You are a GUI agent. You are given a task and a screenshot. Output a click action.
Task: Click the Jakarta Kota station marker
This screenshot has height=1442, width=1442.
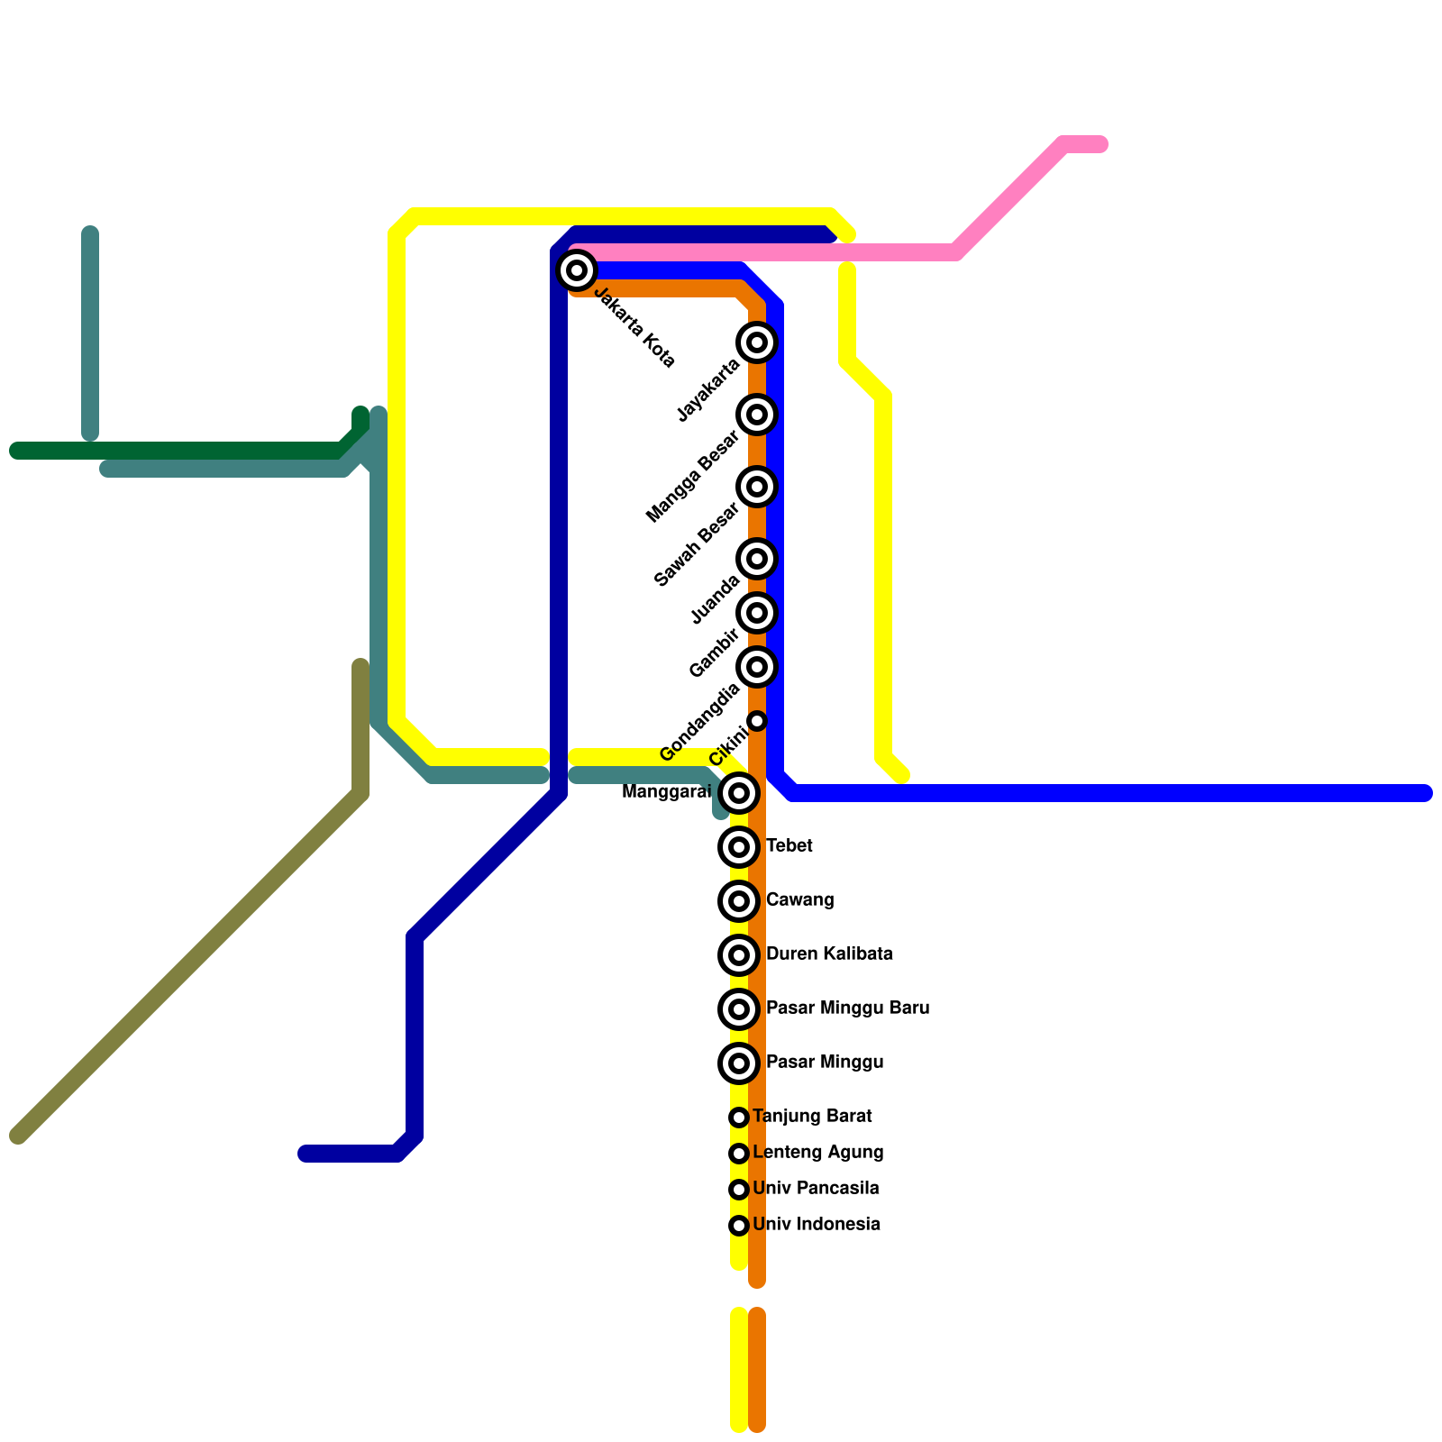[x=577, y=269]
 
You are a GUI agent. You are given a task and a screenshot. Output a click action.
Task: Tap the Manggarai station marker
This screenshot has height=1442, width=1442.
[x=739, y=793]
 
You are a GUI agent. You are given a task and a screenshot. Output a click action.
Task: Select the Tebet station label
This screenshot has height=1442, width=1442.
[x=789, y=846]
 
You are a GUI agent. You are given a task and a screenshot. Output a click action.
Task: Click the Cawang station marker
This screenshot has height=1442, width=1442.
[x=739, y=901]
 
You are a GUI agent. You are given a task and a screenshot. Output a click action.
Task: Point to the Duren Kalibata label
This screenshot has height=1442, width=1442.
[x=829, y=954]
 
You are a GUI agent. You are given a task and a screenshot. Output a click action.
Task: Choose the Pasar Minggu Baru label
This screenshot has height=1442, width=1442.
[x=847, y=1008]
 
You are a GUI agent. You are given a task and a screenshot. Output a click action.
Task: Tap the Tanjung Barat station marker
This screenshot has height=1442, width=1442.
[x=739, y=1118]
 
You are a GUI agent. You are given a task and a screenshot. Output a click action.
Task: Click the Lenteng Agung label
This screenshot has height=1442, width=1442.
[x=817, y=1153]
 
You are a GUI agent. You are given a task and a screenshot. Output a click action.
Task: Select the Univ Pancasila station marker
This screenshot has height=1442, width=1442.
[x=739, y=1190]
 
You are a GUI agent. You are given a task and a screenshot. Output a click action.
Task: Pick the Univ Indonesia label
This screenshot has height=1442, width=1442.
[x=816, y=1225]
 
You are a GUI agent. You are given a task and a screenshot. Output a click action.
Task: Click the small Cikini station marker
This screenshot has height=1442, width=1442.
[x=757, y=721]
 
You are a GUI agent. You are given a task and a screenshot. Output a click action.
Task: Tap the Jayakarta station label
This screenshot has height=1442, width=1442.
[x=709, y=389]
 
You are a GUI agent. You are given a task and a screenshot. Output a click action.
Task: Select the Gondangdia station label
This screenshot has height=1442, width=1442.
[x=700, y=722]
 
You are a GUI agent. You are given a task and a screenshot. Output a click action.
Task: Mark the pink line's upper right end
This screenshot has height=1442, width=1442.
[x=1100, y=144]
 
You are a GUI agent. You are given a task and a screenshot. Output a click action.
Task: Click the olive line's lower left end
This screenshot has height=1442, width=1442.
[x=18, y=1136]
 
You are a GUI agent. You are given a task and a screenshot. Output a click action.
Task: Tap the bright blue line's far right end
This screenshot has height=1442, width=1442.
[x=1424, y=793]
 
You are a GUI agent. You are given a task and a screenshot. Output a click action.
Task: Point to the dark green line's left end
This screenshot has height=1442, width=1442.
[x=17, y=451]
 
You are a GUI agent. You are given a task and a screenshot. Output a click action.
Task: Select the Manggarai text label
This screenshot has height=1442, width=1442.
[x=666, y=792]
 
